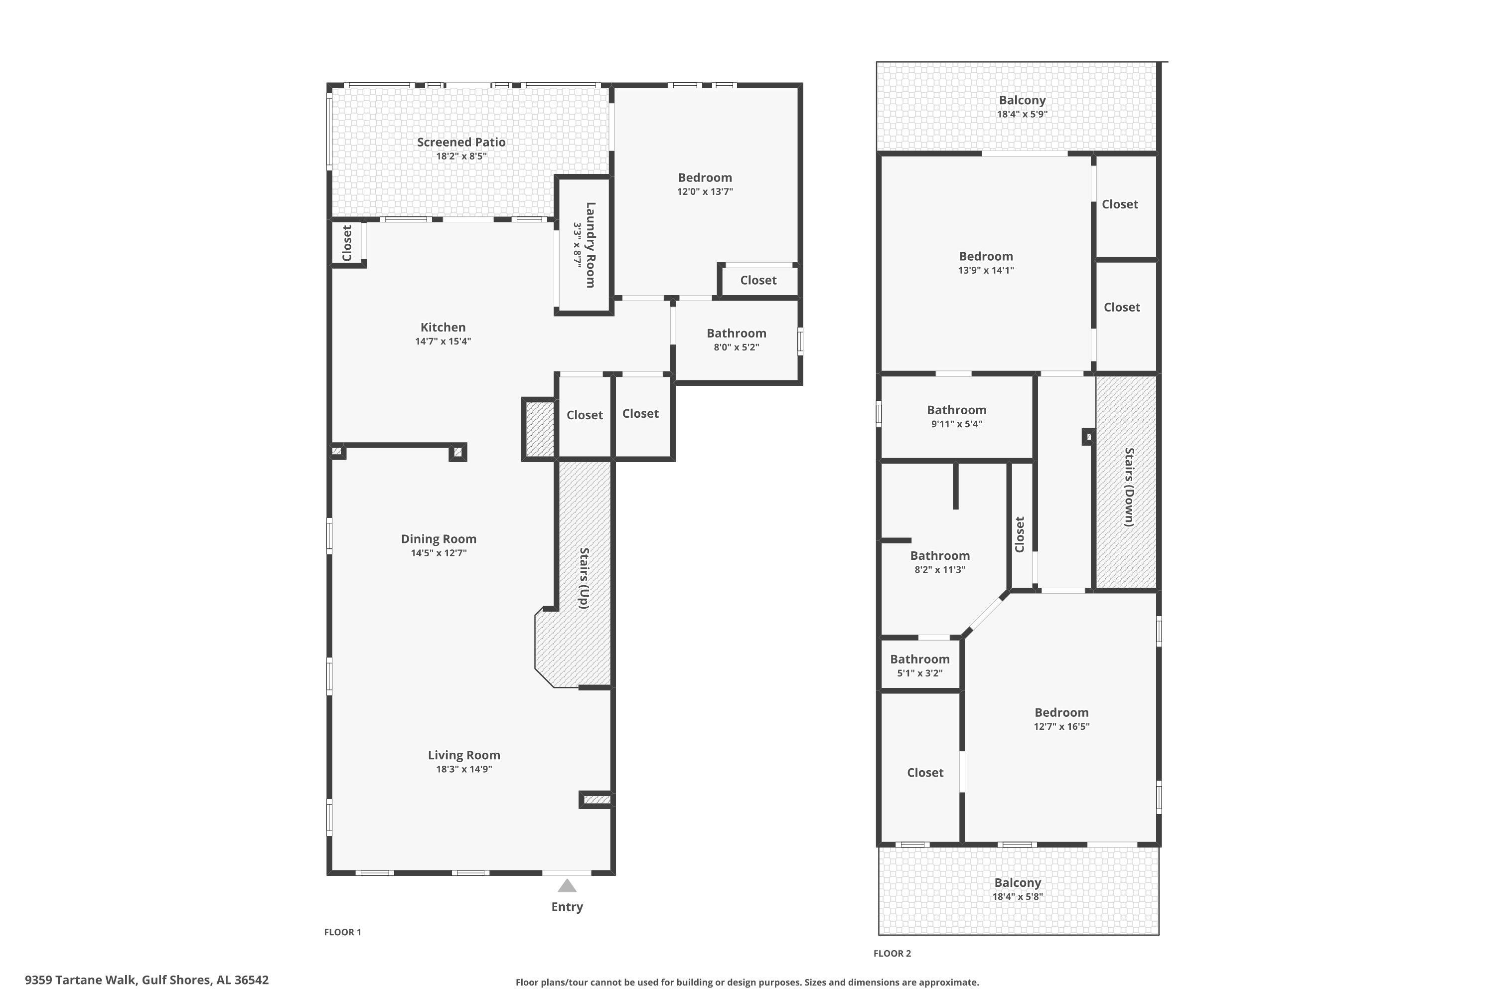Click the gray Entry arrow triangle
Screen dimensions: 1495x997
[x=567, y=886]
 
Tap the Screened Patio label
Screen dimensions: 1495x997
[x=461, y=142]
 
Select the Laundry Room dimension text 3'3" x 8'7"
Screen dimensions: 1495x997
[x=578, y=244]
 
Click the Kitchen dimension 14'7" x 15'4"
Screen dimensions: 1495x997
[x=443, y=341]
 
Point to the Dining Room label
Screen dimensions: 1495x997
[x=439, y=538]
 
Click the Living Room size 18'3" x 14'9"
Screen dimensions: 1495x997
[x=464, y=769]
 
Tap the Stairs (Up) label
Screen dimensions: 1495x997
[x=584, y=578]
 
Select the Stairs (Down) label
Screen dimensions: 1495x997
[x=1130, y=487]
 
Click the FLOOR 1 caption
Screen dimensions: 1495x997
[x=343, y=932]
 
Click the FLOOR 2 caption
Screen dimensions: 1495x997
[x=893, y=953]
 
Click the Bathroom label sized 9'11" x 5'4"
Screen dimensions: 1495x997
[x=957, y=410]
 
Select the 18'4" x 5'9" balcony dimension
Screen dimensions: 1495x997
[x=1022, y=115]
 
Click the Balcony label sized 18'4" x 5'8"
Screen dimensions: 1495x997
[x=1018, y=882]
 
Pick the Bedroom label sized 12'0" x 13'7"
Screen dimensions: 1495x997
[x=705, y=177]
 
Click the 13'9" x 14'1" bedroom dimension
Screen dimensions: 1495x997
[x=986, y=270]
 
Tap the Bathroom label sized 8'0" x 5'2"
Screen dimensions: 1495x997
[x=737, y=333]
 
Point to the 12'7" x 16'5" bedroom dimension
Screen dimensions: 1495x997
[x=1061, y=727]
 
